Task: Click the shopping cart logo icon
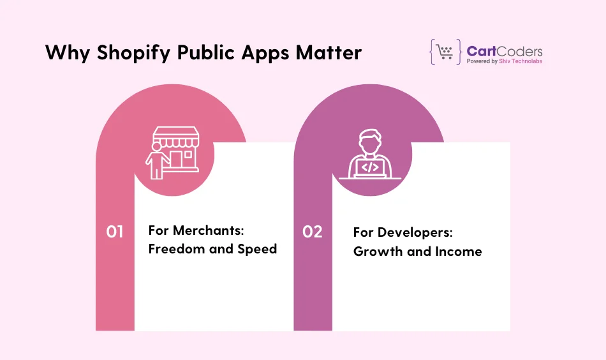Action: tap(445, 52)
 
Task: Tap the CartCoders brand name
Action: tap(504, 50)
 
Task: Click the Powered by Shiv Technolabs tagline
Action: tap(504, 62)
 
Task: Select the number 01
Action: tap(115, 232)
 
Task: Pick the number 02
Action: tap(313, 232)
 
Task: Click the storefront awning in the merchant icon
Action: tap(174, 135)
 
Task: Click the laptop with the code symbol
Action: tap(371, 167)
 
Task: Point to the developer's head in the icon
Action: tap(371, 141)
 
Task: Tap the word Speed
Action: tap(257, 249)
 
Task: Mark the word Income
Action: tap(458, 251)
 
